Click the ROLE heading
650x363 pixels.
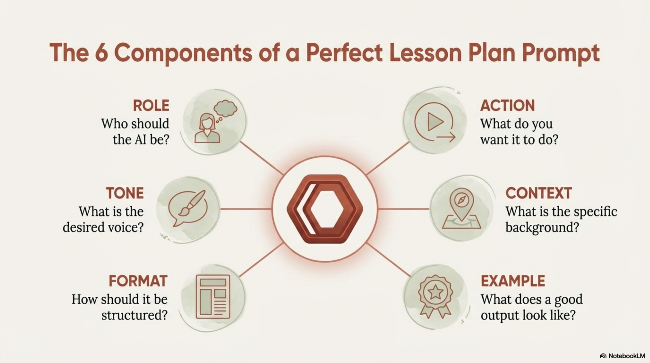151,106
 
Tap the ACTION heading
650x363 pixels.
507,106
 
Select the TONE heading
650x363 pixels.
125,193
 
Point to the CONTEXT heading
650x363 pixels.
539,193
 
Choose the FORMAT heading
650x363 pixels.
138,281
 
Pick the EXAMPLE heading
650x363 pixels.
513,281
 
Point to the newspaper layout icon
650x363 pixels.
213,297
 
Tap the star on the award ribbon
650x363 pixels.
435,292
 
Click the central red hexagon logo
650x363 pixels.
325,209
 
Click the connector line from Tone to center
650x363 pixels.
246,209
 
